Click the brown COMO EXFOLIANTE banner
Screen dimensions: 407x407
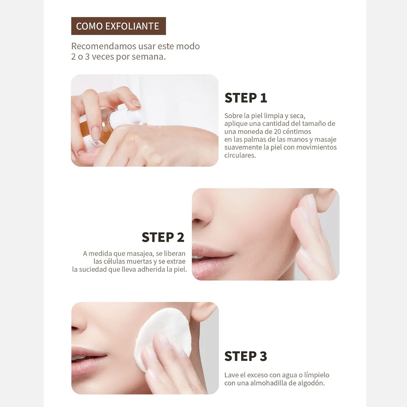coord(118,26)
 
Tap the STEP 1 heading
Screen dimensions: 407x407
coord(245,98)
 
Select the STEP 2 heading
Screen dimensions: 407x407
coord(163,237)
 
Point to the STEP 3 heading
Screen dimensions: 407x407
coord(245,356)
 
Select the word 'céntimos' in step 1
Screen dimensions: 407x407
coord(295,131)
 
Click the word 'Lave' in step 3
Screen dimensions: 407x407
coord(231,375)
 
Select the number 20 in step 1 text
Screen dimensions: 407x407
coord(268,131)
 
